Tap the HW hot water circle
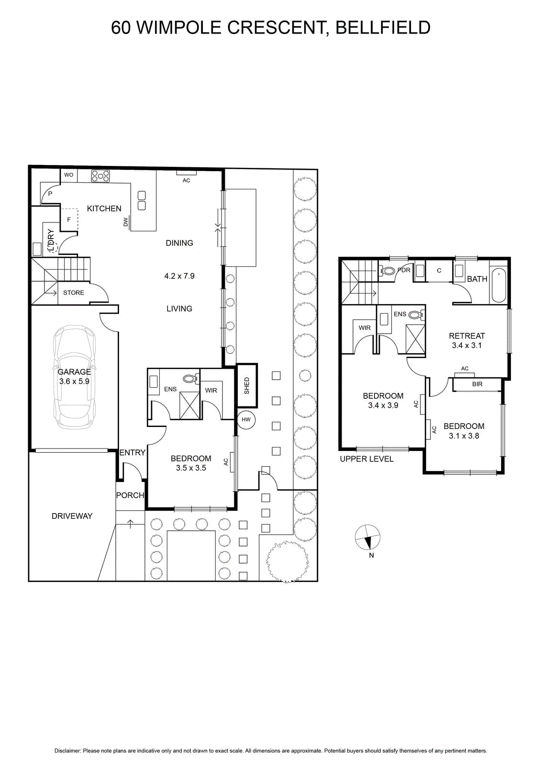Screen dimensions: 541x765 (246, 419)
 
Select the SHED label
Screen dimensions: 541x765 (247, 385)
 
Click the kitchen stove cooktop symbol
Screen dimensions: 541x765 (100, 176)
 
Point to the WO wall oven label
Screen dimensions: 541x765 (69, 175)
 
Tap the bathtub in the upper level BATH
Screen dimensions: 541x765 (498, 285)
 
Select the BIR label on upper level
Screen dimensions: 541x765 (477, 384)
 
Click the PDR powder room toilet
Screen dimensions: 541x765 (387, 271)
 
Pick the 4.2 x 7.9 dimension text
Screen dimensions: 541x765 (179, 276)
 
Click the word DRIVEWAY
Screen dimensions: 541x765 (72, 516)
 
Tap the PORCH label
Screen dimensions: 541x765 (130, 495)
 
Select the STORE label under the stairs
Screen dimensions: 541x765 (74, 293)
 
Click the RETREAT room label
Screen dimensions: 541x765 (467, 336)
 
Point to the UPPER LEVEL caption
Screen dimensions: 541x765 (366, 459)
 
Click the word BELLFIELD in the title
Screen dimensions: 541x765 (383, 28)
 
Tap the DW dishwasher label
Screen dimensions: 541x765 (125, 222)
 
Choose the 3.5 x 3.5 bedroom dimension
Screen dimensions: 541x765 (191, 468)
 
